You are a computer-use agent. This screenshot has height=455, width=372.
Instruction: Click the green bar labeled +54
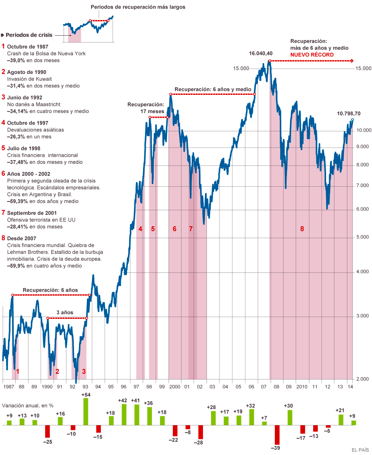click(86, 411)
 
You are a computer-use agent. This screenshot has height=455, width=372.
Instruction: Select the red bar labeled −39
click(277, 435)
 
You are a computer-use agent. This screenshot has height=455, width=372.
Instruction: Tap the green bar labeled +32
click(251, 417)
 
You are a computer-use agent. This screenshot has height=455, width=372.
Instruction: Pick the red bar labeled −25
click(47, 431)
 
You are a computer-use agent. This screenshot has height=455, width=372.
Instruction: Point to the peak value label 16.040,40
click(261, 54)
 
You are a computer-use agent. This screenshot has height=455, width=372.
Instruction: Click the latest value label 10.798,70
click(348, 113)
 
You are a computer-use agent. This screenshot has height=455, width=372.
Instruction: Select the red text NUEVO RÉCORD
click(312, 55)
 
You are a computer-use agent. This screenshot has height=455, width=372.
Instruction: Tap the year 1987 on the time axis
click(8, 386)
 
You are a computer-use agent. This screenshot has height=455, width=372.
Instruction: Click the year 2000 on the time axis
click(175, 386)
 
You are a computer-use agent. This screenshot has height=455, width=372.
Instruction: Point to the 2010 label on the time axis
click(302, 386)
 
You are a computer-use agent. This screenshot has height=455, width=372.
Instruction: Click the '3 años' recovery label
click(65, 312)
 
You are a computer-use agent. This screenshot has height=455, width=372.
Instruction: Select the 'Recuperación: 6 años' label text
click(50, 290)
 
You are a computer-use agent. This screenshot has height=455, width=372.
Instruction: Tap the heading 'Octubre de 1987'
click(27, 47)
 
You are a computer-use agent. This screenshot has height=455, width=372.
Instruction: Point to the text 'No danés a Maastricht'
click(34, 104)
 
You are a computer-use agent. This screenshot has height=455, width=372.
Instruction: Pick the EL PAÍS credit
click(359, 450)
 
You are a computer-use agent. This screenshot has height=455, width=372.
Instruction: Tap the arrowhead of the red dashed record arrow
click(353, 61)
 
